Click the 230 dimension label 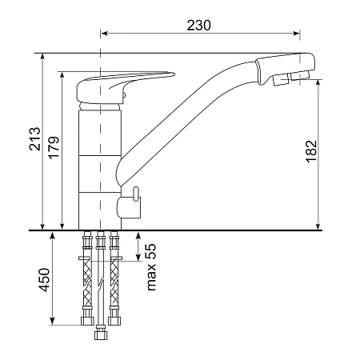(x=198, y=26)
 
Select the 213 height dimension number (x=35, y=139)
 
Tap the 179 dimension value (x=54, y=147)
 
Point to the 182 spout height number (x=311, y=151)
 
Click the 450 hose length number (x=44, y=280)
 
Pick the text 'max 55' (x=151, y=267)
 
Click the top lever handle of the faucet (x=126, y=86)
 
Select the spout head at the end (x=285, y=69)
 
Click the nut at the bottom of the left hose (x=87, y=321)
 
